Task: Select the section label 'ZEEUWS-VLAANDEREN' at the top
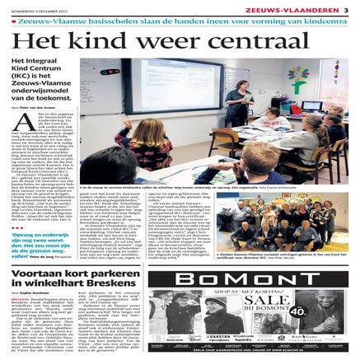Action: pyautogui.click(x=305, y=7)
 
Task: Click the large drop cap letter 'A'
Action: pyautogui.click(x=21, y=125)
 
